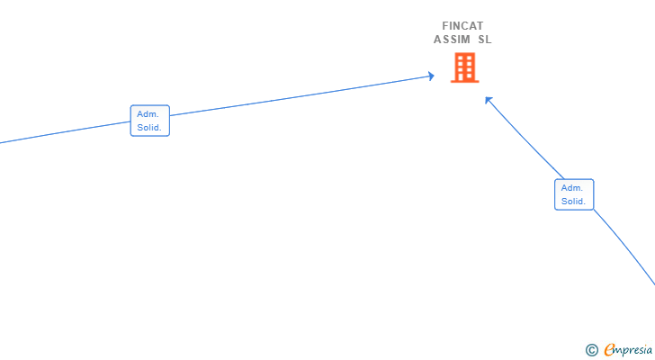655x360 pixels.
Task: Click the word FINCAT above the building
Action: click(462, 26)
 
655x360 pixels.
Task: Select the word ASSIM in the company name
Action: click(452, 40)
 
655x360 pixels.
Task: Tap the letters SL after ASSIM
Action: click(485, 40)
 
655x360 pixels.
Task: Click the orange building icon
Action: click(464, 67)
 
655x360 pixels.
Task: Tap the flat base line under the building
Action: click(464, 81)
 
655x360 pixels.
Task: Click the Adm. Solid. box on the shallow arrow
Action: click(150, 121)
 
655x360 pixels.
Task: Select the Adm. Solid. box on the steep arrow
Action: click(574, 194)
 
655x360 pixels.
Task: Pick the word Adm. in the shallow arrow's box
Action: click(148, 114)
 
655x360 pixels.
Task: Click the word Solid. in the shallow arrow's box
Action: click(149, 128)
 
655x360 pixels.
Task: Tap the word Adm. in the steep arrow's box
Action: click(572, 188)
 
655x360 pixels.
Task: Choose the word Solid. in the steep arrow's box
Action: click(573, 202)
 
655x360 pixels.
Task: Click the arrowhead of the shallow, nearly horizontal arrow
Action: click(432, 76)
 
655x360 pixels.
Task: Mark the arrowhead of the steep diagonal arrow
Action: click(488, 100)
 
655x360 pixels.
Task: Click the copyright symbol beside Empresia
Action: click(591, 350)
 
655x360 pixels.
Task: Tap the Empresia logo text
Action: click(628, 349)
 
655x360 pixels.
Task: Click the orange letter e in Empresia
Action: click(609, 349)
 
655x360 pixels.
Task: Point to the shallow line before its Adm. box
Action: click(65, 132)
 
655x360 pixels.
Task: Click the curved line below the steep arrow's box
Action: click(625, 246)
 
